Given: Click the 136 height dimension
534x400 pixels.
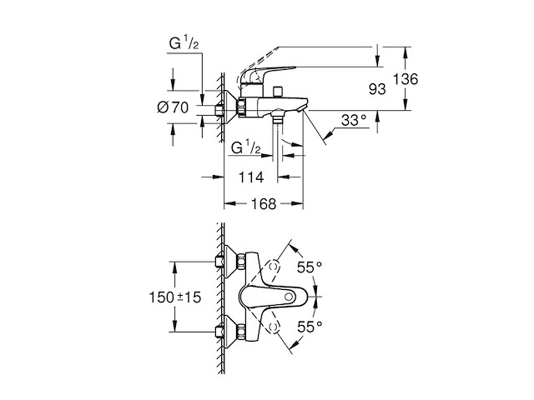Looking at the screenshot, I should coord(406,78).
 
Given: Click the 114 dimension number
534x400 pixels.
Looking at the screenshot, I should coord(250,177).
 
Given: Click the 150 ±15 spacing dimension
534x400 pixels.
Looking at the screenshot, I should coord(151,297).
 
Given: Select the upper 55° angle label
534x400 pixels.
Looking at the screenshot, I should coord(310,267).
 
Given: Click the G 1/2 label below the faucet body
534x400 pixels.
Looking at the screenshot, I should coord(247,148).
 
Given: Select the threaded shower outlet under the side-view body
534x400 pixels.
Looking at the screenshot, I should coord(279,122).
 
